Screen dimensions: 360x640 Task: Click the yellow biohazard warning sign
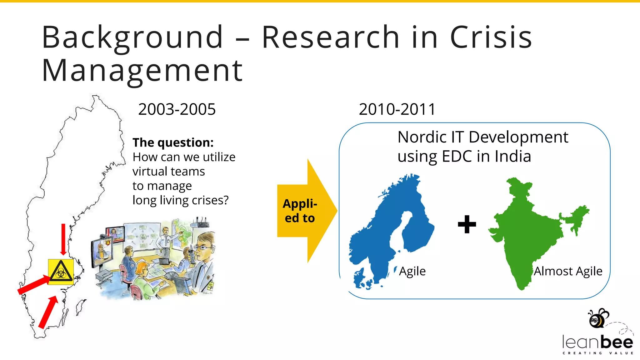61,272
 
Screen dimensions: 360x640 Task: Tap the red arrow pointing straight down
63,239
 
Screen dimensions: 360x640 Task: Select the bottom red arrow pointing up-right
48,312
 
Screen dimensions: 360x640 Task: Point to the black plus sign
467,224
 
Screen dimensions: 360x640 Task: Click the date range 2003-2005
177,109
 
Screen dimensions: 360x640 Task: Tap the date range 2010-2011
397,109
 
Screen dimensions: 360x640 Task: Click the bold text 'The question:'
173,142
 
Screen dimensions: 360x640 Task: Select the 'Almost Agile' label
568,271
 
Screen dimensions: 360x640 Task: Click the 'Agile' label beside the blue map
412,271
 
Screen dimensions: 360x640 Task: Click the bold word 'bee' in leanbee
617,342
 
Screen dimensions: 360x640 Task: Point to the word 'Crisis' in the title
491,37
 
